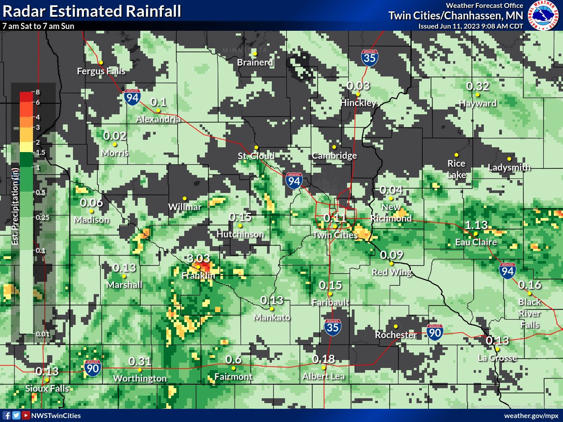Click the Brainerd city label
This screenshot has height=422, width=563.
pos(255,62)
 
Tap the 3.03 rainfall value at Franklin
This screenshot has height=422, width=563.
pos(198,258)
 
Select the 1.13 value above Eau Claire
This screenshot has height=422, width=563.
pos(476,225)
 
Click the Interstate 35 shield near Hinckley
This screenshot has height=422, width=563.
pos(370,58)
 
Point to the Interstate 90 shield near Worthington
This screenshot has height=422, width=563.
pos(92,368)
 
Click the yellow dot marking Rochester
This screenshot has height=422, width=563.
pos(396,326)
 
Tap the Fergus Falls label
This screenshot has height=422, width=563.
pos(101,71)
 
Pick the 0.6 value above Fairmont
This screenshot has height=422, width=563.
pos(234,360)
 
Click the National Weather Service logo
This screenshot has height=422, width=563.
pos(544,15)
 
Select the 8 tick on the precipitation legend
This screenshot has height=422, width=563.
pos(38,92)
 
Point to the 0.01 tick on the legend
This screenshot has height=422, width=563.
pos(43,334)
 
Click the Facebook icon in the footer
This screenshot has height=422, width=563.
pos(7,415)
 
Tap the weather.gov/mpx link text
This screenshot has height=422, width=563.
pos(531,415)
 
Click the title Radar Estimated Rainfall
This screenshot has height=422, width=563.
pos(91,11)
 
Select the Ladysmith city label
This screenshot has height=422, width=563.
pos(509,167)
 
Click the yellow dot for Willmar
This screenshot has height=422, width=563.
pos(185,199)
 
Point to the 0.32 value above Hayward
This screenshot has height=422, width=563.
pos(478,86)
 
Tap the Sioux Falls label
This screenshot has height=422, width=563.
pos(47,389)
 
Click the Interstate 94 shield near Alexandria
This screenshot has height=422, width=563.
pos(132,97)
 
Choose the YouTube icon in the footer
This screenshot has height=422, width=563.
pos(26,415)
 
